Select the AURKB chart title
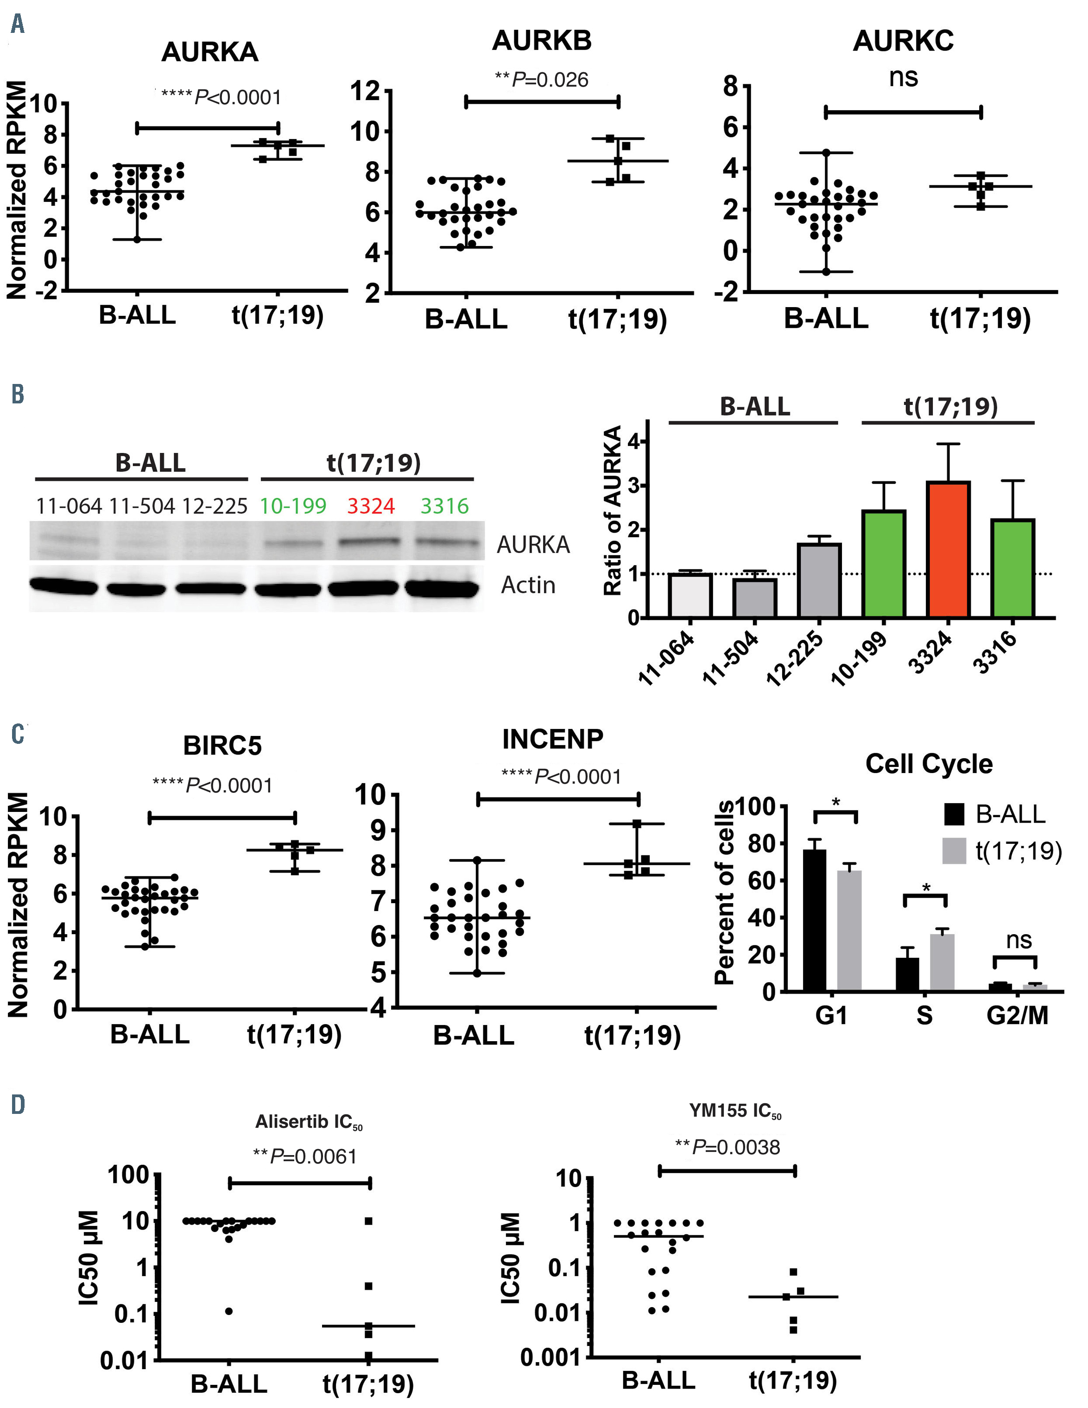[x=541, y=41]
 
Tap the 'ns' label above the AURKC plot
[x=903, y=78]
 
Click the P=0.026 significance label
[x=542, y=80]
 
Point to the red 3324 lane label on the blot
[x=370, y=506]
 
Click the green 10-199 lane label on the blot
[x=293, y=506]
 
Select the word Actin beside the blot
[x=528, y=585]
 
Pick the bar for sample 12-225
[x=819, y=580]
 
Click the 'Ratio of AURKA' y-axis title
[x=612, y=510]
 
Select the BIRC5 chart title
[x=222, y=745]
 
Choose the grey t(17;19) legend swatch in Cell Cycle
[x=955, y=851]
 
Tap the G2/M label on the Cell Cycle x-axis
[x=1017, y=1015]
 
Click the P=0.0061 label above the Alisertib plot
[x=305, y=1157]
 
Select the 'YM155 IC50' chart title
[x=735, y=1111]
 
